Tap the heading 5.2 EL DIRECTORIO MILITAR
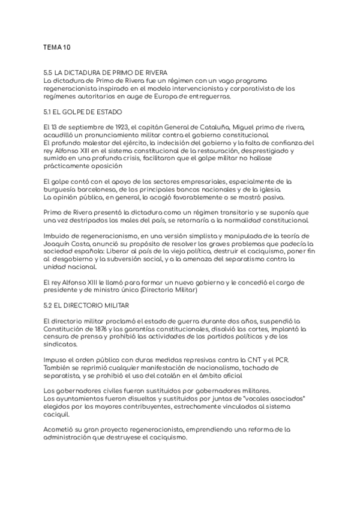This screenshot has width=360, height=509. tap(83, 305)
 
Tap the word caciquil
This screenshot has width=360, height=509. tap(56, 414)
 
